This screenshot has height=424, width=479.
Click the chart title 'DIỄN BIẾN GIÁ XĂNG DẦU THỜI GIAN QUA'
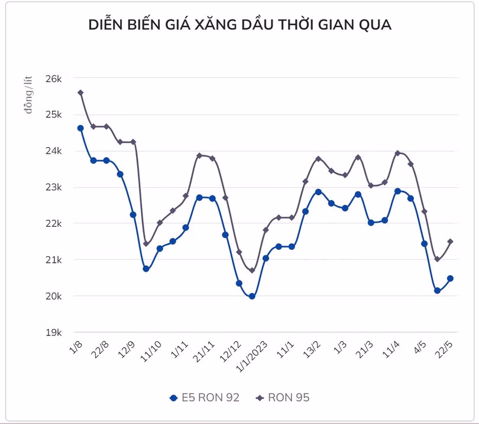239,25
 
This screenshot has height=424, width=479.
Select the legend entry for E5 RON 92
204,397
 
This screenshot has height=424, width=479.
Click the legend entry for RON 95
282,397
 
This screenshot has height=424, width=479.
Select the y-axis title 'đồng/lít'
28,94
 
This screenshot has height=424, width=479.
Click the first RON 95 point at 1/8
80,93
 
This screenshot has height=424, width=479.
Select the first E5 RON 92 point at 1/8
80,128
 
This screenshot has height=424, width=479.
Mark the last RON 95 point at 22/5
451,242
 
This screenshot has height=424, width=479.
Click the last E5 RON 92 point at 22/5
451,279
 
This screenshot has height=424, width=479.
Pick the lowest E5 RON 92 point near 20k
252,296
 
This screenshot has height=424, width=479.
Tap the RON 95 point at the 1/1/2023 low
252,270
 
